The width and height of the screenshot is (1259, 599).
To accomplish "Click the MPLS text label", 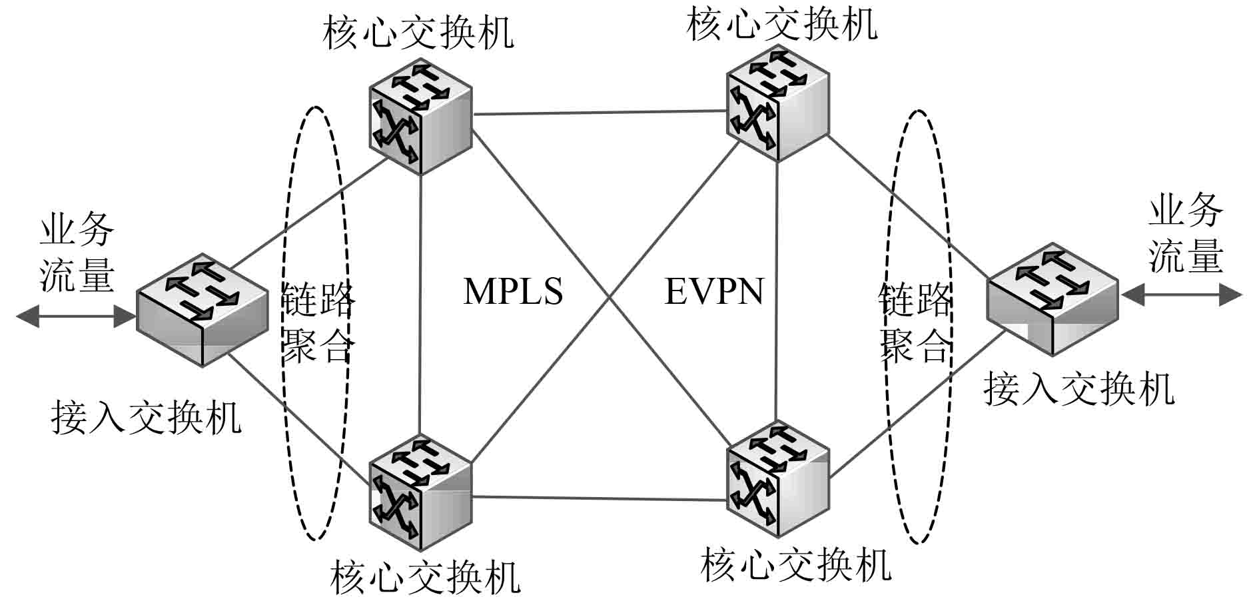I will pyautogui.click(x=513, y=292).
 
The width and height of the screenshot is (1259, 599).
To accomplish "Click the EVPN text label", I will pyautogui.click(x=714, y=292).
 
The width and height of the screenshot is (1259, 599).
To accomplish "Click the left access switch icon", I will pyautogui.click(x=193, y=309).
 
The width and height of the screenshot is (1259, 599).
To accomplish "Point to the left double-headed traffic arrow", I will pyautogui.click(x=76, y=316).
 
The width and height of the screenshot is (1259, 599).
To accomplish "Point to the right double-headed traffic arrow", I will pyautogui.click(x=1182, y=295).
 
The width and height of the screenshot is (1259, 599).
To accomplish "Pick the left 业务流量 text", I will pyautogui.click(x=77, y=253).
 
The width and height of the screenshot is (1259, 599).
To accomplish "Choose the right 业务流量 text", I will pyautogui.click(x=1186, y=233).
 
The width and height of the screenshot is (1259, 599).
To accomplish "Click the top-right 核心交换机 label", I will pyautogui.click(x=781, y=24).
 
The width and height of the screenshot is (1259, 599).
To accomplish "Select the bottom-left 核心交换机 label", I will pyautogui.click(x=425, y=577).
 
